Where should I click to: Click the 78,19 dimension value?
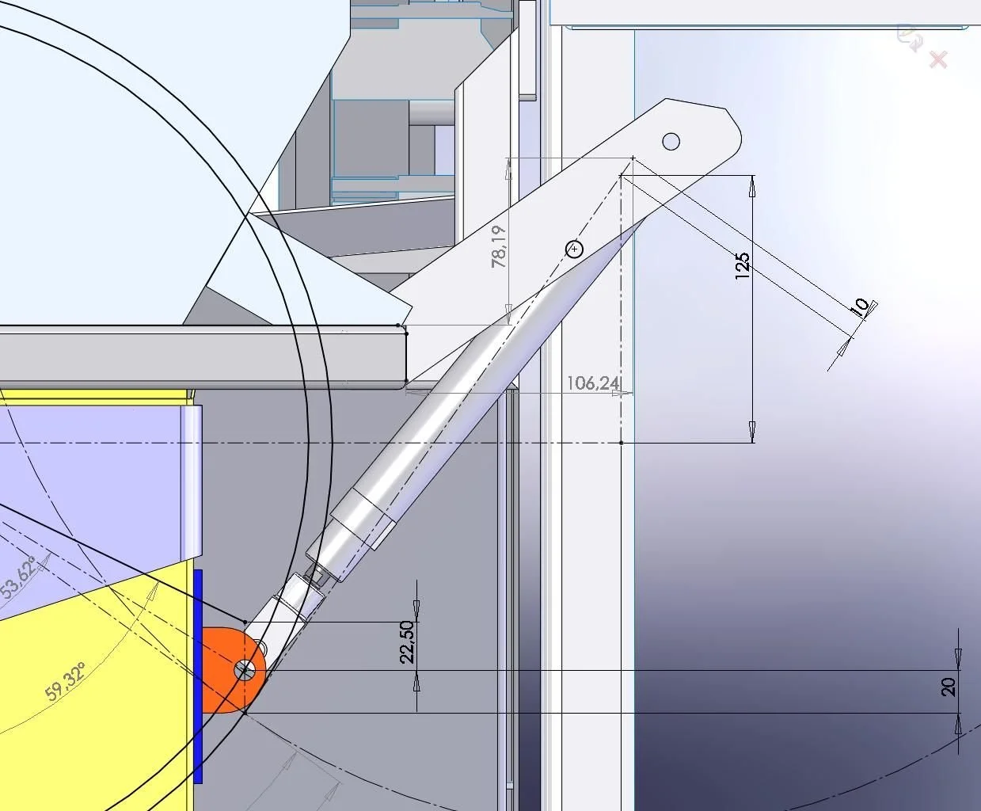[499, 246]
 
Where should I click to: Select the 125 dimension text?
[743, 266]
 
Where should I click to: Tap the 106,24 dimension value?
[593, 383]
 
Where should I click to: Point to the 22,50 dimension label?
[407, 642]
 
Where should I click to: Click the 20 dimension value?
[949, 687]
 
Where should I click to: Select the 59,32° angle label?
[66, 681]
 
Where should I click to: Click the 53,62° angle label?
[19, 579]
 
